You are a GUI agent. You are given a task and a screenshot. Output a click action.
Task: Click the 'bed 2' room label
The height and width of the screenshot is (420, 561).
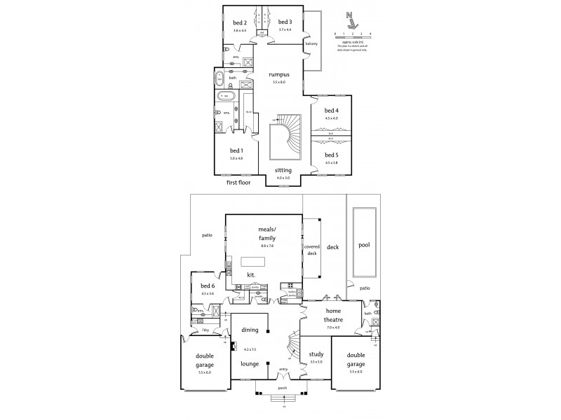(240, 22)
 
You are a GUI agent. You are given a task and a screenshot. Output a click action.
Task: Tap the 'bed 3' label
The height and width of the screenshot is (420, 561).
(284, 22)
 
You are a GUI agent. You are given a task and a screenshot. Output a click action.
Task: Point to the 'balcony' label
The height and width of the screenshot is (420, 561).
(312, 44)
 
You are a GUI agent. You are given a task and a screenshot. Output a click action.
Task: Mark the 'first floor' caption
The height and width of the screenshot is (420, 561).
(238, 182)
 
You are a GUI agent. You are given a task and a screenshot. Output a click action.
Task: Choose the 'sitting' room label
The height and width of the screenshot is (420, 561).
(283, 170)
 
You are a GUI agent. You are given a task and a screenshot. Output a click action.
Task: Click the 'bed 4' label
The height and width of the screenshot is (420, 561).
(331, 111)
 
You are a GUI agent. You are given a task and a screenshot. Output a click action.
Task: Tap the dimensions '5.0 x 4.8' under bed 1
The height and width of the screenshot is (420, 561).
(236, 159)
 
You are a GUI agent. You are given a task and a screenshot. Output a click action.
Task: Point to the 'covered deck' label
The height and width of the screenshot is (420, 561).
(311, 250)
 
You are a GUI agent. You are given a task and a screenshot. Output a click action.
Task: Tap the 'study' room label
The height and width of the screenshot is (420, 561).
(316, 353)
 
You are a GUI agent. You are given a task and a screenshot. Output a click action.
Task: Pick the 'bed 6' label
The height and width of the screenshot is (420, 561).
(208, 286)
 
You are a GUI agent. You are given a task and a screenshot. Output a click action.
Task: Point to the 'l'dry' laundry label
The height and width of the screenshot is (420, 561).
(205, 328)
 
